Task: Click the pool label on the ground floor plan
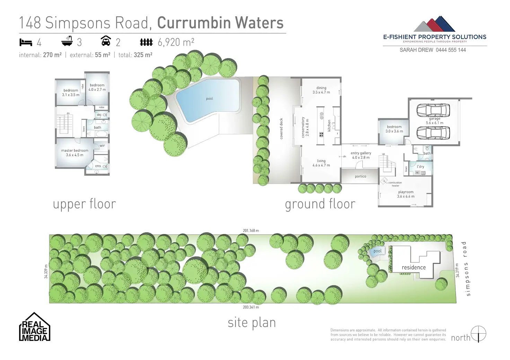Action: pyautogui.click(x=209, y=99)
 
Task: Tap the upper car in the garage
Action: pyautogui.click(x=433, y=110)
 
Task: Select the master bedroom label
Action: pyautogui.click(x=74, y=151)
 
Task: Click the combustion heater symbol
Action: pyautogui.click(x=384, y=181)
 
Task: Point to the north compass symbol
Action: pyautogui.click(x=478, y=334)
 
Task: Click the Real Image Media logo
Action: pyautogui.click(x=34, y=327)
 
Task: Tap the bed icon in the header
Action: pyautogui.click(x=26, y=42)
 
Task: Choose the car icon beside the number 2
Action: pyautogui.click(x=106, y=41)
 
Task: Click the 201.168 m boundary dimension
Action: pyautogui.click(x=251, y=231)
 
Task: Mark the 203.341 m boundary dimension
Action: pyautogui.click(x=251, y=307)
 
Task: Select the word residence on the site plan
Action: pyautogui.click(x=414, y=267)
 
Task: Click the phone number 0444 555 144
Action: pyautogui.click(x=451, y=50)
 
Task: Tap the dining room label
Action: pyautogui.click(x=321, y=88)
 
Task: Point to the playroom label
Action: pyautogui.click(x=406, y=192)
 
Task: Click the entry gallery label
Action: pyautogui.click(x=361, y=153)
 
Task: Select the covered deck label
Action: pyautogui.click(x=281, y=129)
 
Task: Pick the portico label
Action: pyautogui.click(x=360, y=177)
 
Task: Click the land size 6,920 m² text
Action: pyautogui.click(x=176, y=42)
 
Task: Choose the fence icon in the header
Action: pyautogui.click(x=146, y=42)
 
